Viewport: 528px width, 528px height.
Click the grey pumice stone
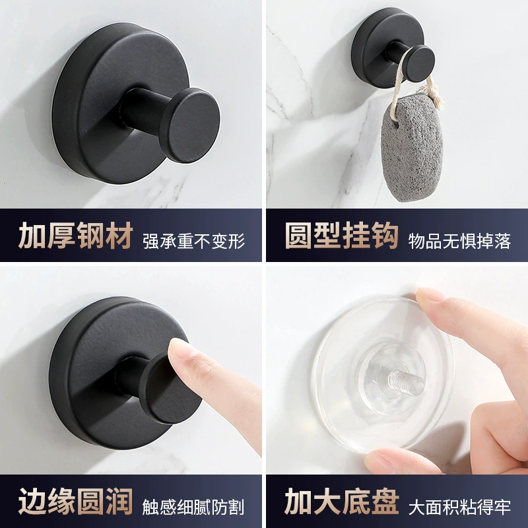pyautogui.click(x=411, y=147)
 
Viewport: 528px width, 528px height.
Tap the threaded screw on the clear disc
pyautogui.click(x=405, y=382)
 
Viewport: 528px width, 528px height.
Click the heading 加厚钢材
pyautogui.click(x=76, y=236)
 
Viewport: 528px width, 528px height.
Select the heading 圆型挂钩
pyautogui.click(x=342, y=236)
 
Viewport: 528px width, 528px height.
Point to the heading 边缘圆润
pyautogui.click(x=76, y=501)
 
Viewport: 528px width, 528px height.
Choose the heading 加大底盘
pyautogui.click(x=342, y=501)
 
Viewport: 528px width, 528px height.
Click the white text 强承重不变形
pyautogui.click(x=193, y=241)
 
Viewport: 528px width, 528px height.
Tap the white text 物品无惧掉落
pyautogui.click(x=459, y=241)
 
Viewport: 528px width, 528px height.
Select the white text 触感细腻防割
pyautogui.click(x=193, y=507)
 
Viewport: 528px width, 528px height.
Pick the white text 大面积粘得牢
pyautogui.click(x=459, y=507)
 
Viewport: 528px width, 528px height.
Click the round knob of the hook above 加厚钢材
pyautogui.click(x=191, y=125)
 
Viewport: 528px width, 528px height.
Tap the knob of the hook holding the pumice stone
pyautogui.click(x=419, y=63)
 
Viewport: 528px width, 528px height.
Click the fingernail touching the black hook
pyautogui.click(x=180, y=348)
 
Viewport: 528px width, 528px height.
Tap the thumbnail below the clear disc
pyautogui.click(x=377, y=459)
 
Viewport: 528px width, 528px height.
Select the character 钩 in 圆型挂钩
pyautogui.click(x=385, y=236)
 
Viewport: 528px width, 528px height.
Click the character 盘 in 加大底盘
pyautogui.click(x=385, y=501)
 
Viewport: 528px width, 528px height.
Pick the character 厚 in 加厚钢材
pyautogui.click(x=61, y=236)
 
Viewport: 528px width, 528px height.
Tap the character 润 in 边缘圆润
pyautogui.click(x=119, y=501)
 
